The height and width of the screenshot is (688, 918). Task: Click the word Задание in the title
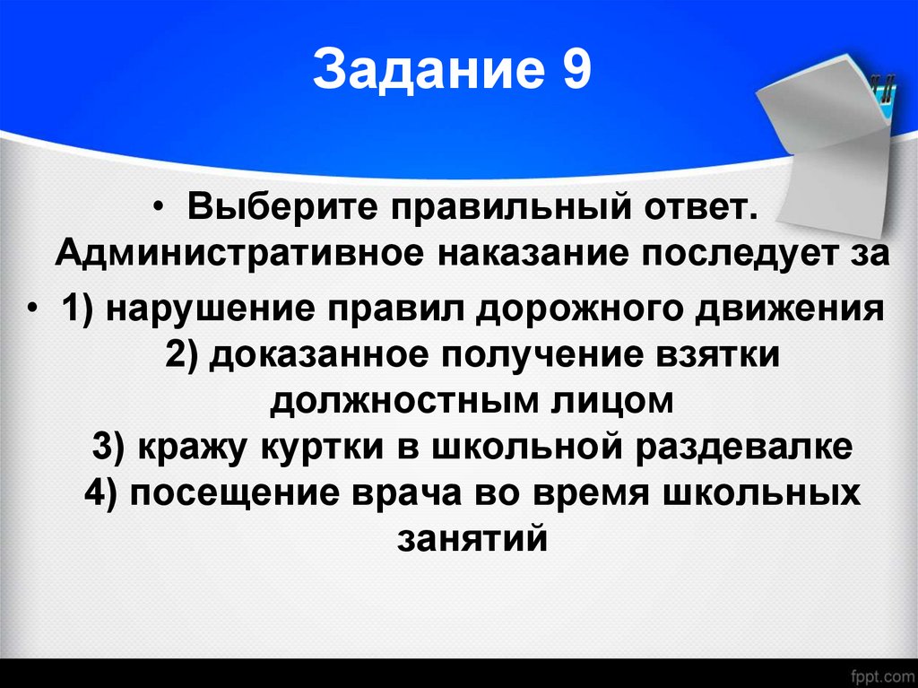[x=419, y=72]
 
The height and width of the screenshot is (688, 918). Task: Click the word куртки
[x=315, y=446]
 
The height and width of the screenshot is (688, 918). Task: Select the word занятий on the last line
[x=471, y=539]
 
